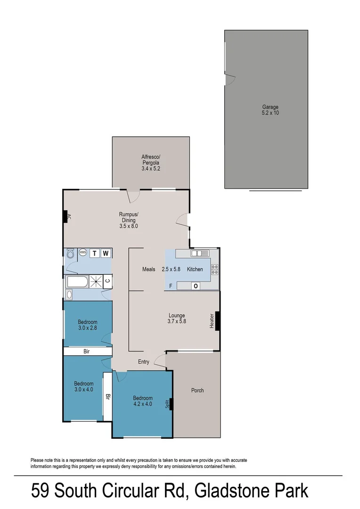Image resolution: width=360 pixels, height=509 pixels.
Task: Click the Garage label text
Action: click(270, 110)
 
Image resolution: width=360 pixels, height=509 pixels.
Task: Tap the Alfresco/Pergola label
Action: click(151, 162)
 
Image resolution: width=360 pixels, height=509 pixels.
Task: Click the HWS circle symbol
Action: click(83, 253)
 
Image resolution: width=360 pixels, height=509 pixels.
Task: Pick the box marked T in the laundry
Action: click(95, 254)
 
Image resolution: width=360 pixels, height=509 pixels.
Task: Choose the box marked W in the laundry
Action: click(106, 254)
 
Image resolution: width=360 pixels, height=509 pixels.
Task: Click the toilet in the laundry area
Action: click(71, 254)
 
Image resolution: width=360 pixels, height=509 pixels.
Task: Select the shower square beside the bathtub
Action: click(97, 282)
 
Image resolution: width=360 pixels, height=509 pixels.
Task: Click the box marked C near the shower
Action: click(108, 281)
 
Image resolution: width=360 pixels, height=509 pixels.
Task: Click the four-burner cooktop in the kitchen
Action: click(214, 269)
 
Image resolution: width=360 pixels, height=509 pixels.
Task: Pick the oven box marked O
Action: click(195, 286)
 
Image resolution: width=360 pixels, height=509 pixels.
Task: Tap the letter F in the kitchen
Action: click(171, 286)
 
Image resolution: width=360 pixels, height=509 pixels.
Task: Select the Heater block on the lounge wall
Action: click(217, 321)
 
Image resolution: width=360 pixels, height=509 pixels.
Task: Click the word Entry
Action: click(144, 362)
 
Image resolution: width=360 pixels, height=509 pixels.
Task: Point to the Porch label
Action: click(197, 390)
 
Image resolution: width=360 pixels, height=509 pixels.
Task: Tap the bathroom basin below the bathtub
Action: click(69, 295)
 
